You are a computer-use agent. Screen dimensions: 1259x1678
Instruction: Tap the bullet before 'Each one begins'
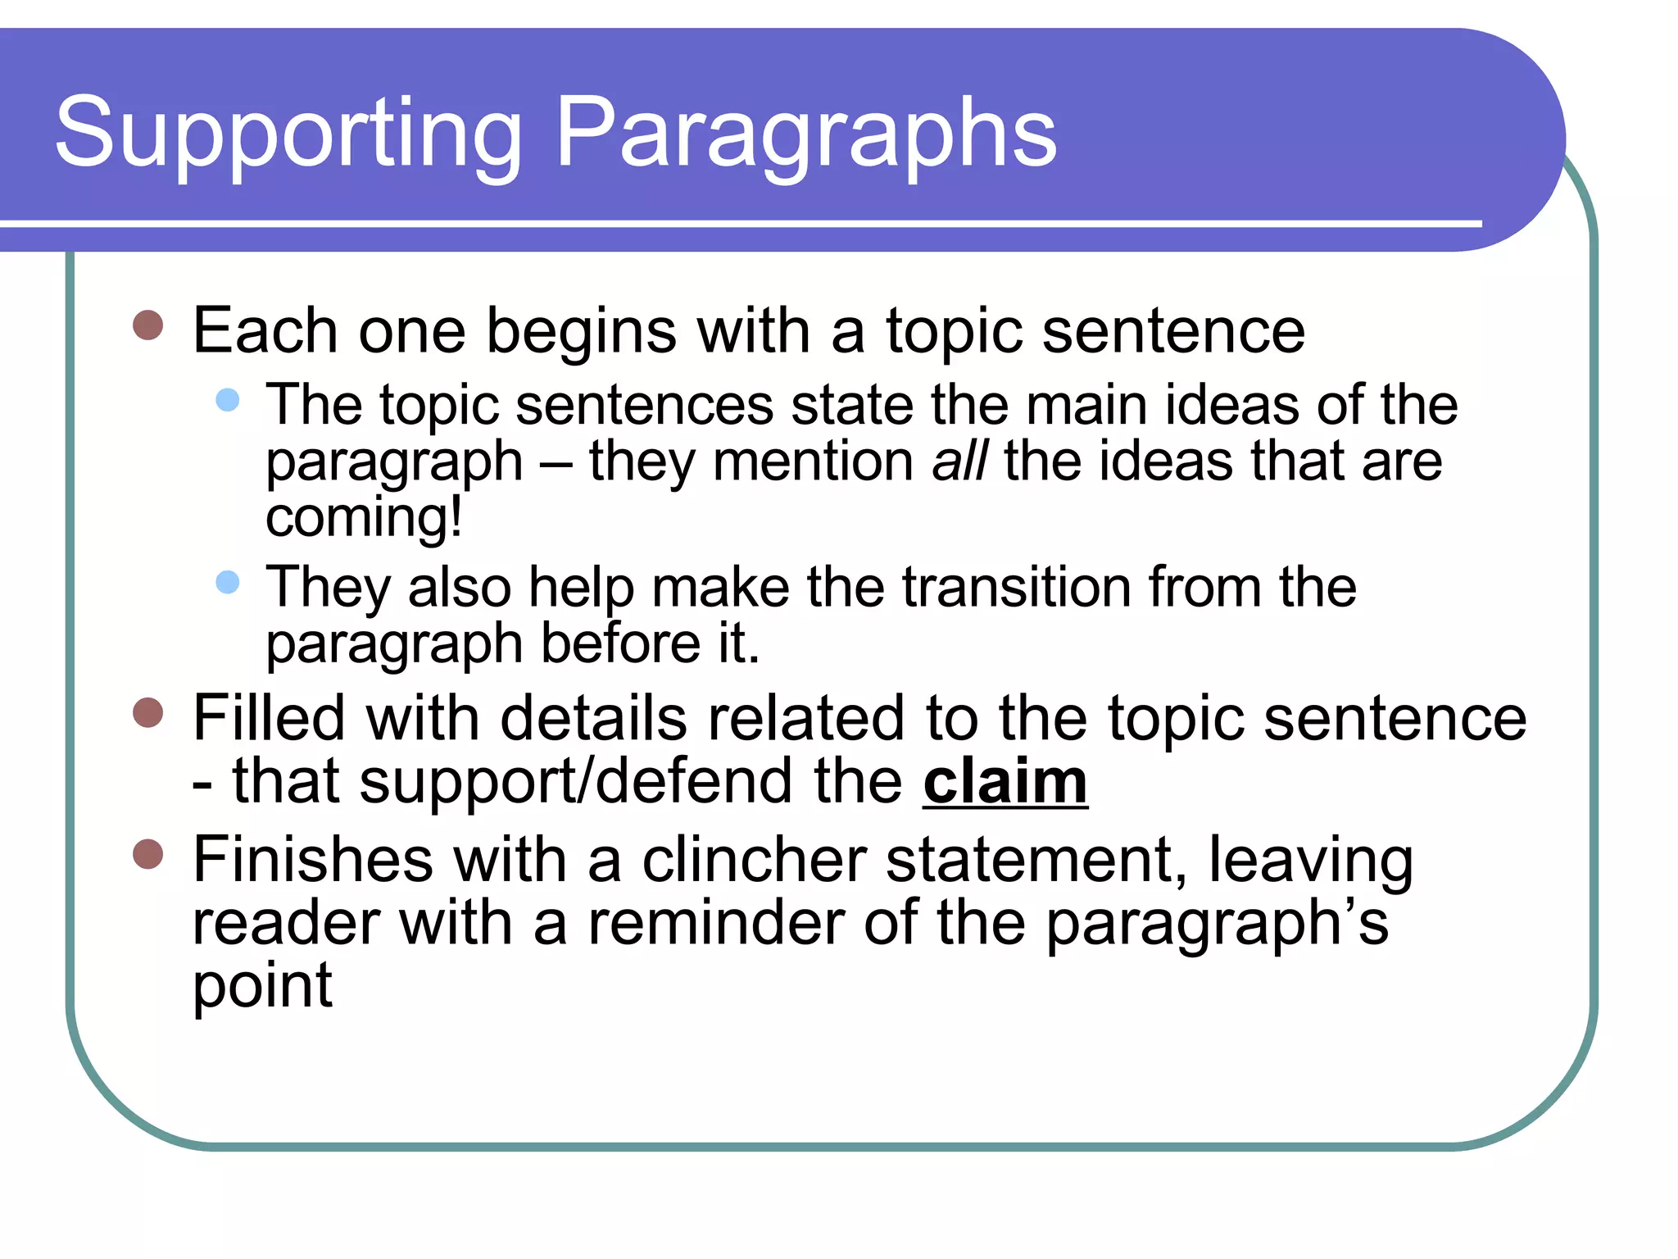tap(148, 325)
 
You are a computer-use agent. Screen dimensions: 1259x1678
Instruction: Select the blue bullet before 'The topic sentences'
tap(227, 400)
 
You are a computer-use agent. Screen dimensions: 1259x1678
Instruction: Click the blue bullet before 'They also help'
tap(227, 583)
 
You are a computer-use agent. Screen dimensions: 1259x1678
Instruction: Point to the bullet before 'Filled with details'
tap(148, 713)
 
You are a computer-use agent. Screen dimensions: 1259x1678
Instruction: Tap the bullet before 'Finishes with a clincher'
tap(148, 854)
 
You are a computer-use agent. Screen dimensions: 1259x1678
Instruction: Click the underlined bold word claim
tap(1005, 782)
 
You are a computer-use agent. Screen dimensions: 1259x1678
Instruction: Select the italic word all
tap(960, 461)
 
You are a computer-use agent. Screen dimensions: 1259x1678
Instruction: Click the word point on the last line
tap(262, 987)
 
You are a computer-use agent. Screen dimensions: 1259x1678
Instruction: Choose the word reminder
tap(716, 923)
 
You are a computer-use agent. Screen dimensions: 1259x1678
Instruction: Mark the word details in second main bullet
tap(593, 719)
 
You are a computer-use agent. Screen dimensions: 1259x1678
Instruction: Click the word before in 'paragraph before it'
tap(620, 643)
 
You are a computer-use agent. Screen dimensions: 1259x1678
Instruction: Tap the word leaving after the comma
tap(1311, 862)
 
